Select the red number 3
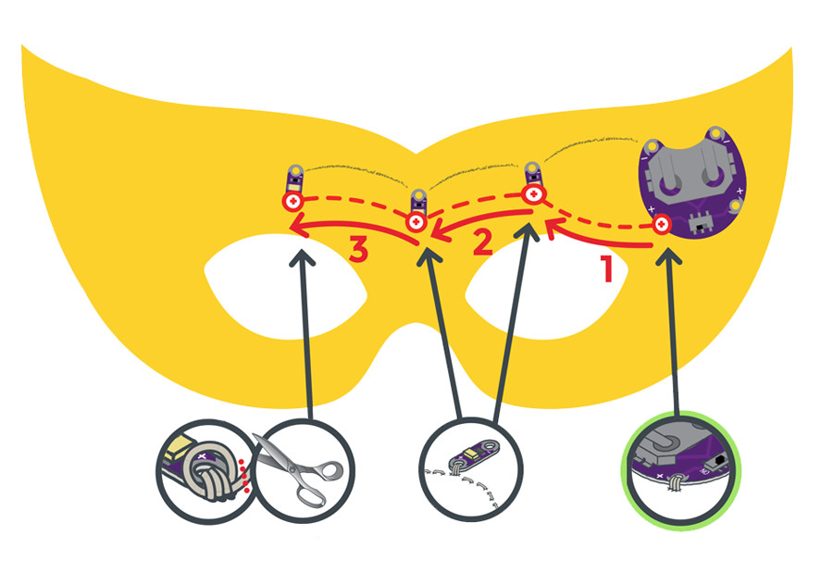tap(361, 251)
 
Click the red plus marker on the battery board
tap(662, 225)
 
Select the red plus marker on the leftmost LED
tap(292, 202)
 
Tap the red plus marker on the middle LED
tap(416, 222)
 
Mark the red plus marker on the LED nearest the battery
tap(534, 195)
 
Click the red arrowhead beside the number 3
tap(295, 229)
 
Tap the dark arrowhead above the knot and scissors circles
tap(298, 258)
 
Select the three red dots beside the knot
tap(244, 467)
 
